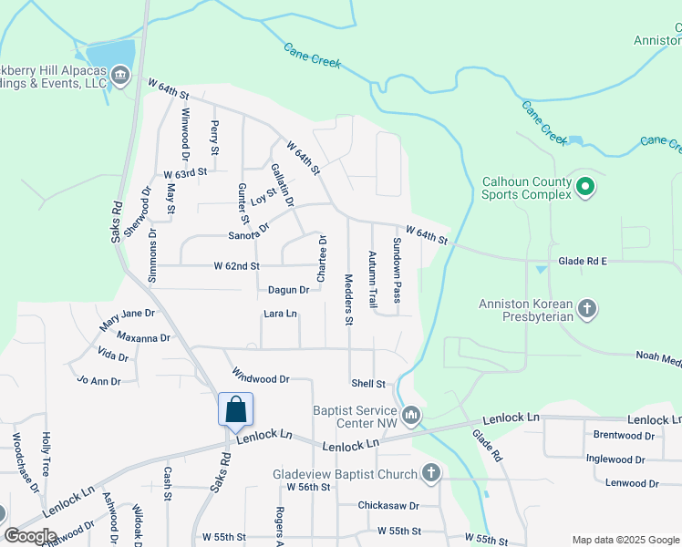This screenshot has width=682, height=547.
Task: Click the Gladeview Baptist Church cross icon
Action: coord(431,473)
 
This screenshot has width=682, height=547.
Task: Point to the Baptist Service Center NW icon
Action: coord(412,417)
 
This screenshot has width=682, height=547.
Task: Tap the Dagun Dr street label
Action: coord(289,290)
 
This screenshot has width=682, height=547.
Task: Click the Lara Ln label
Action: coord(280,314)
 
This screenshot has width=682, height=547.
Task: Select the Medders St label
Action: coord(348,299)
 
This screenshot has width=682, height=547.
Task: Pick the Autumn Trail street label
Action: coord(372,278)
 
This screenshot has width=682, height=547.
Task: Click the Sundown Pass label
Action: coord(397,270)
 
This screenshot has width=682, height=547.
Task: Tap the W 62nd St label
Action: coord(237,266)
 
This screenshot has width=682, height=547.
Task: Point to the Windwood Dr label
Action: coord(261,377)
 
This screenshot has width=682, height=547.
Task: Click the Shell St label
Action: coord(368,384)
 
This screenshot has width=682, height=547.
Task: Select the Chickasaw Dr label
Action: coord(387,505)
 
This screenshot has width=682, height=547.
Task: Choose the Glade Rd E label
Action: coord(584,261)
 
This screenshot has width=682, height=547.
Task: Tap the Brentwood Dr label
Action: coord(625,435)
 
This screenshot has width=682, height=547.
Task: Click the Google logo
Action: coord(30,536)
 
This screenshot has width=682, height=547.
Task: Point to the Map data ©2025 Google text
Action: coord(625,540)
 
